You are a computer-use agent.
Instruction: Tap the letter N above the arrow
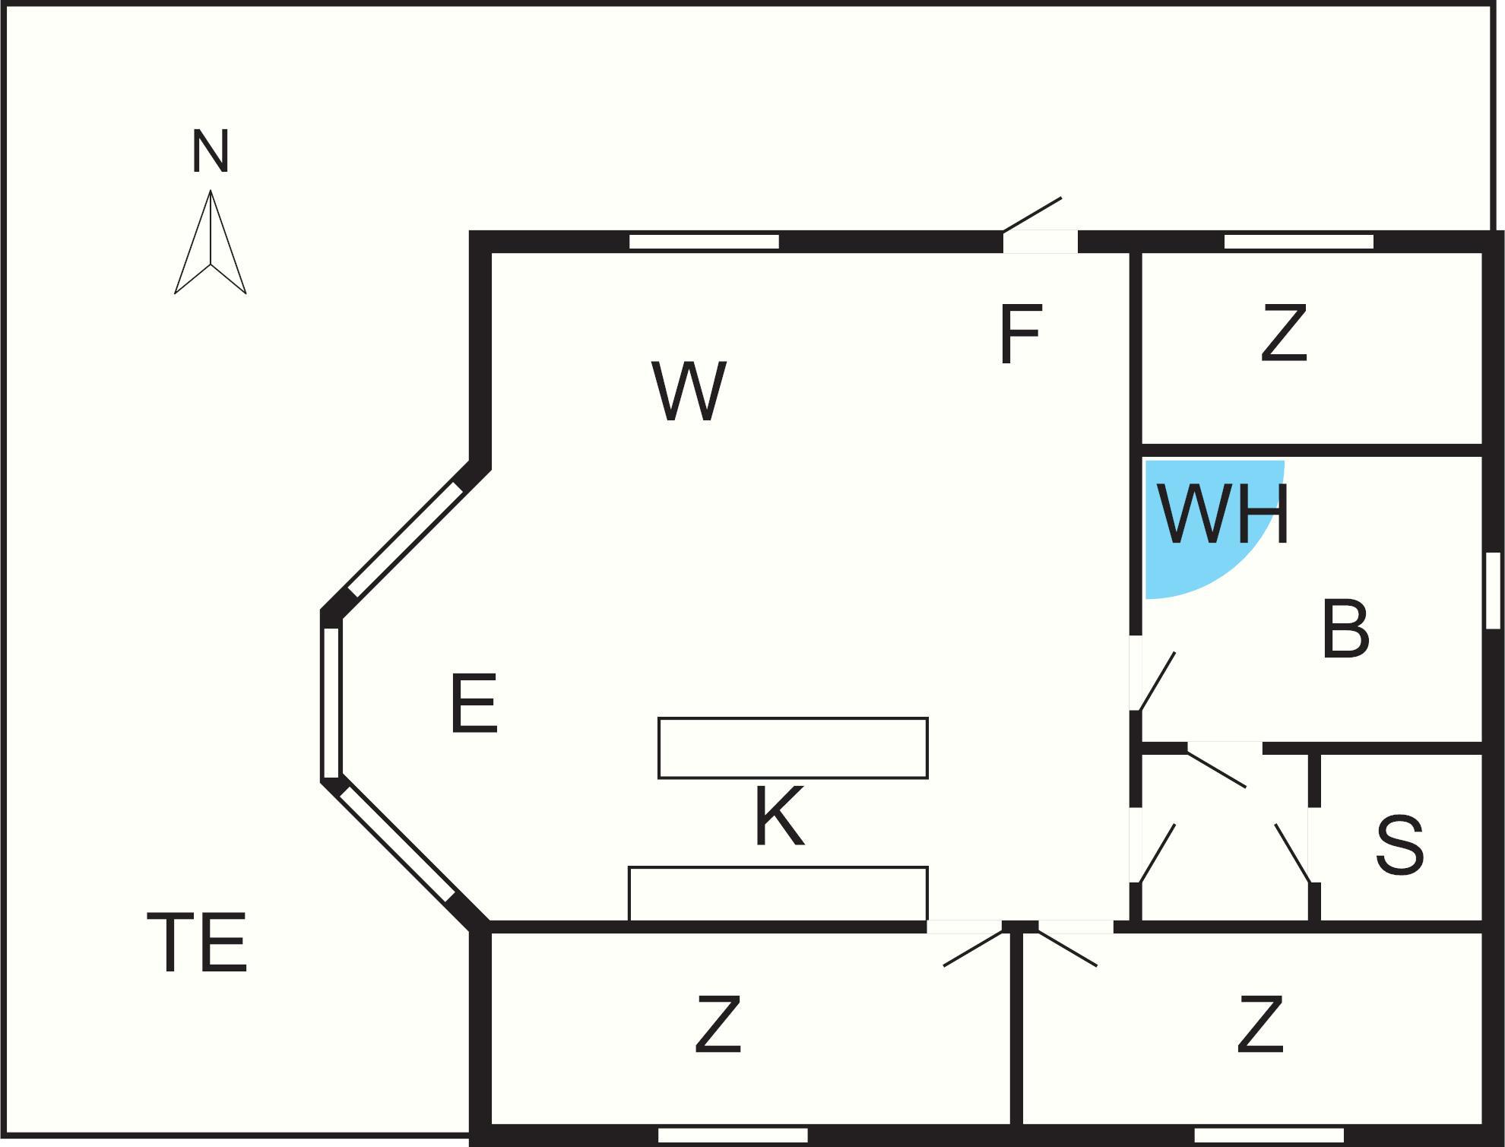pyautogui.click(x=211, y=151)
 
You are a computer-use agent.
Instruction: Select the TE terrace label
pyautogui.click(x=197, y=943)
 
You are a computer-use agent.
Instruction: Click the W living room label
pyautogui.click(x=689, y=391)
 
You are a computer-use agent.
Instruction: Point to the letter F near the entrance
pyautogui.click(x=1019, y=334)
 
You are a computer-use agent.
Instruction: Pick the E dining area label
pyautogui.click(x=474, y=703)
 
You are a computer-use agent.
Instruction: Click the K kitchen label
pyautogui.click(x=779, y=816)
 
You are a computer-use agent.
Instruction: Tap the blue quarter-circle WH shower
pyautogui.click(x=1201, y=524)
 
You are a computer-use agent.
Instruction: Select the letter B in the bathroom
pyautogui.click(x=1345, y=629)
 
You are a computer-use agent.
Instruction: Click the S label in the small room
pyautogui.click(x=1399, y=845)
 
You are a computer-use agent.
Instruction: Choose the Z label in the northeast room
pyautogui.click(x=1284, y=333)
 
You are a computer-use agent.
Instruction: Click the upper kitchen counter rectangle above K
pyautogui.click(x=793, y=748)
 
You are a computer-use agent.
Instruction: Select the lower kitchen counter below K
pyautogui.click(x=778, y=894)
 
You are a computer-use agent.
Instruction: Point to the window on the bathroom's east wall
pyautogui.click(x=1493, y=591)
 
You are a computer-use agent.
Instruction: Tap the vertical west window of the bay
pyautogui.click(x=331, y=702)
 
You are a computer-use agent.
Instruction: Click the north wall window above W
pyautogui.click(x=704, y=242)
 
